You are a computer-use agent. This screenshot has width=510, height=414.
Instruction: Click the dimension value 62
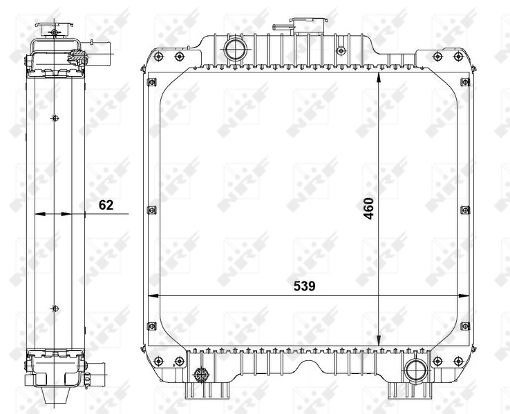105,204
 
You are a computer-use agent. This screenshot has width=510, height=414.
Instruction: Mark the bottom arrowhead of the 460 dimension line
379,341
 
